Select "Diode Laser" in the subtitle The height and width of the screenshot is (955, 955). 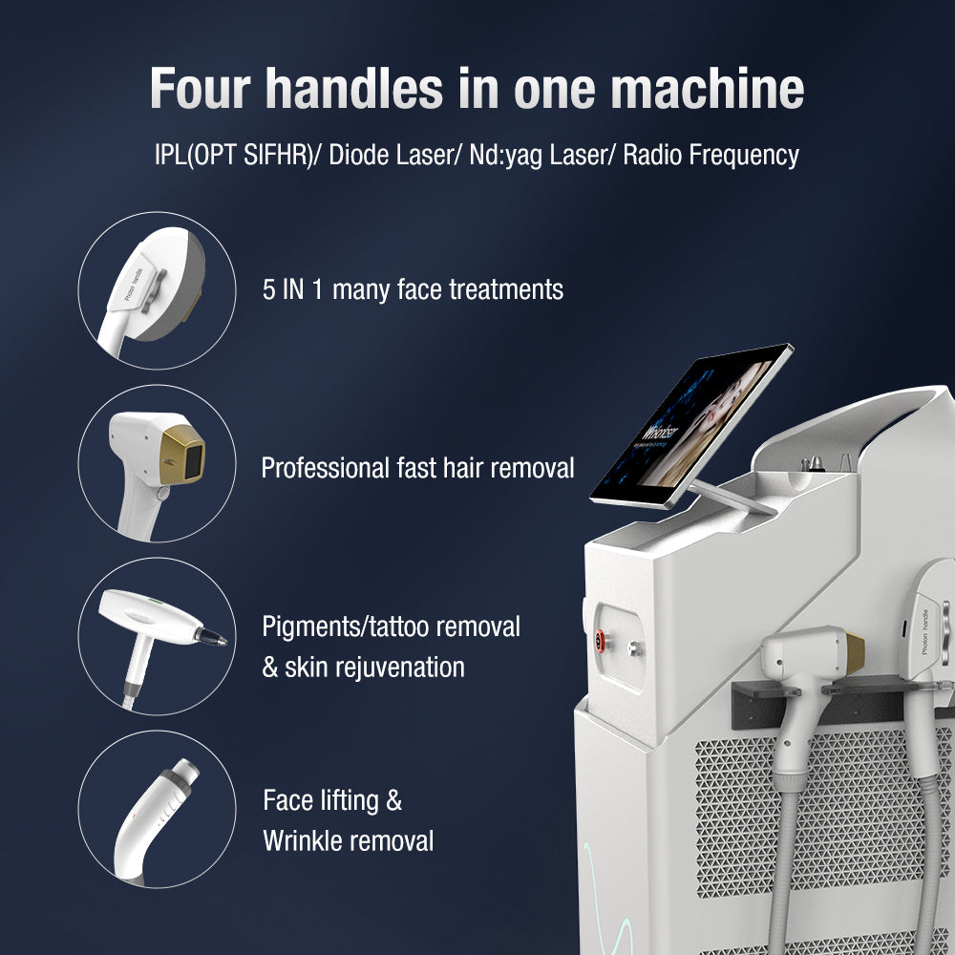(389, 156)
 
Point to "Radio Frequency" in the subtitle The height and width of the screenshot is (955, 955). (711, 156)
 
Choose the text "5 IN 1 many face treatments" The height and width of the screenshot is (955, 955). (413, 289)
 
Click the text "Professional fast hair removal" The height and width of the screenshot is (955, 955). (417, 468)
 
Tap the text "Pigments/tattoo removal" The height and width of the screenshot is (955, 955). (391, 626)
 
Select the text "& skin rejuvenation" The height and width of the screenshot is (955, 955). (363, 667)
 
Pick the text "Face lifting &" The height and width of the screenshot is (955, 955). (332, 800)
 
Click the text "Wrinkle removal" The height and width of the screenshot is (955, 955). (348, 841)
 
